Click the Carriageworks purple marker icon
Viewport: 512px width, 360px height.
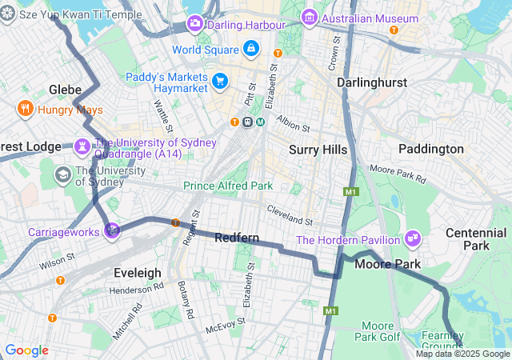coord(112,231)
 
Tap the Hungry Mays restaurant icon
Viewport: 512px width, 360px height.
coord(25,108)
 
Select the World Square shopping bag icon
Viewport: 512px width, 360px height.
coord(251,50)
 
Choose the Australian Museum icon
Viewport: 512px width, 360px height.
coord(309,18)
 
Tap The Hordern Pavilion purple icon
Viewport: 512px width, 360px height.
coord(413,238)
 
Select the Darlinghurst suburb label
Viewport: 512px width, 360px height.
coord(371,82)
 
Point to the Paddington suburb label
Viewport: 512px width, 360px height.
coord(431,149)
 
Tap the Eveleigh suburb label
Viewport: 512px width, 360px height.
coord(138,273)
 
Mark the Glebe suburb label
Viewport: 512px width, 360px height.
coord(66,90)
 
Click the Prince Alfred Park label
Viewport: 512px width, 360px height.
coord(228,186)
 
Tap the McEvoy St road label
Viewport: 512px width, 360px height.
coord(225,328)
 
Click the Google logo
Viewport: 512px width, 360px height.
coord(26,350)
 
